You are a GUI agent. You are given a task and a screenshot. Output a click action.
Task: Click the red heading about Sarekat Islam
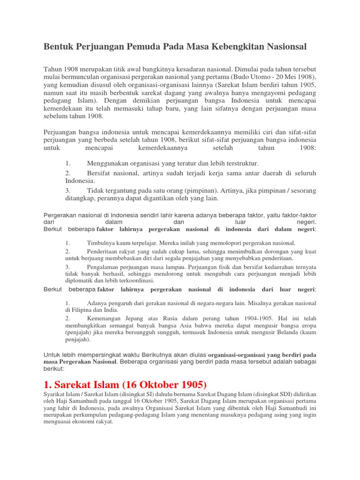click(125, 385)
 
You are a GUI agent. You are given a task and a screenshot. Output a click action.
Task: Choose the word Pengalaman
click(105, 266)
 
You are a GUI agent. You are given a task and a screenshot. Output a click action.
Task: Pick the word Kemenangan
click(105, 318)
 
